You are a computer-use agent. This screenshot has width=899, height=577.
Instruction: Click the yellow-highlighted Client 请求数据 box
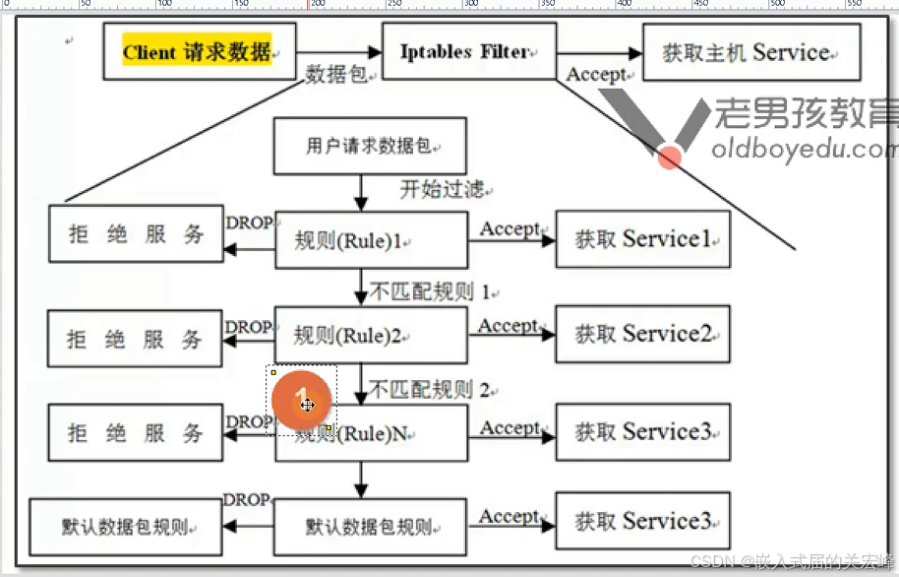click(x=198, y=51)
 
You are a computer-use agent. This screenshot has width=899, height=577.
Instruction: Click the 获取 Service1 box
click(x=643, y=239)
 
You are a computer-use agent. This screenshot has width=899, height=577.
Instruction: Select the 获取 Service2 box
click(x=643, y=335)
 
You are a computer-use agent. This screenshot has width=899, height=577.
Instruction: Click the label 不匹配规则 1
click(x=430, y=291)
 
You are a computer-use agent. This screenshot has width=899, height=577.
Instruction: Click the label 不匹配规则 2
click(x=430, y=389)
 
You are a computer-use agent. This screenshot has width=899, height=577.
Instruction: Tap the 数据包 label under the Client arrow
click(x=336, y=75)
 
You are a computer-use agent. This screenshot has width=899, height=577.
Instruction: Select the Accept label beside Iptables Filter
click(x=596, y=74)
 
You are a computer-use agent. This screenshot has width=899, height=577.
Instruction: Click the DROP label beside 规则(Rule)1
click(x=249, y=223)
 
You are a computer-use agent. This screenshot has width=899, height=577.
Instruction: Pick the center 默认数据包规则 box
click(x=369, y=527)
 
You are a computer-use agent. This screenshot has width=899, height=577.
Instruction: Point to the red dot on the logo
click(x=669, y=157)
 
